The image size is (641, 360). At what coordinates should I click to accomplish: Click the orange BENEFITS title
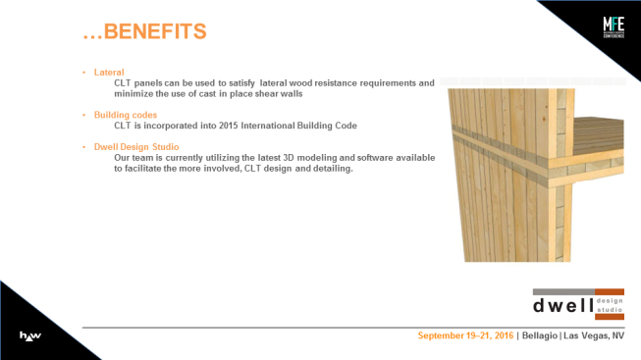click(x=144, y=31)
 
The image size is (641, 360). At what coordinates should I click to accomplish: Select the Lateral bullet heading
click(x=109, y=73)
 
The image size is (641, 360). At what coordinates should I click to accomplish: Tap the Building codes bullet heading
click(x=126, y=115)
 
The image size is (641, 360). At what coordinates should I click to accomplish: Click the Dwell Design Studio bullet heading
click(x=136, y=147)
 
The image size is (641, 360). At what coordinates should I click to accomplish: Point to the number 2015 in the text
click(x=228, y=126)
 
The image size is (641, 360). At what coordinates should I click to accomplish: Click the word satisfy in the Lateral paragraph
click(x=242, y=83)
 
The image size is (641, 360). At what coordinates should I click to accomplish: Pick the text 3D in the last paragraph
click(x=289, y=158)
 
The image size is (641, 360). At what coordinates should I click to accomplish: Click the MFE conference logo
click(x=614, y=27)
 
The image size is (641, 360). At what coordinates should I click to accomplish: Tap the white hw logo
click(x=30, y=336)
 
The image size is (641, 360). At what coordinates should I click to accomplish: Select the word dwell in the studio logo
click(x=563, y=305)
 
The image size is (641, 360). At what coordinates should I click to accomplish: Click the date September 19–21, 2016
click(x=465, y=335)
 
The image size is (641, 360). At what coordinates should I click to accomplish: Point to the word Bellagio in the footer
click(x=540, y=335)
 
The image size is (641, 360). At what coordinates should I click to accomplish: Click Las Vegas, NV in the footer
click(x=594, y=335)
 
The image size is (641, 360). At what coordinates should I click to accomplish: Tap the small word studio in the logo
click(x=610, y=310)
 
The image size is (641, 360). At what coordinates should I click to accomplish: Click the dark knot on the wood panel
click(x=544, y=120)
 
